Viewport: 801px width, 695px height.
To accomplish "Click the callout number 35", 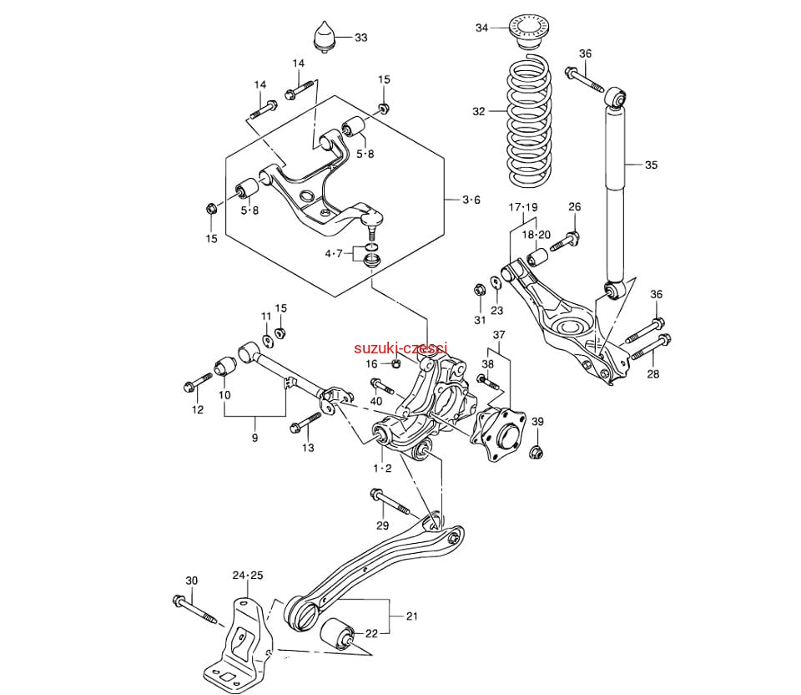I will click(651, 165).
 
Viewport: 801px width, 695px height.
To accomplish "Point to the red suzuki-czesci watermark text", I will click(400, 348).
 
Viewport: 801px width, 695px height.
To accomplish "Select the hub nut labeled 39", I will click(537, 453).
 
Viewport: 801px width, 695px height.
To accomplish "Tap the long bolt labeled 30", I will click(197, 610).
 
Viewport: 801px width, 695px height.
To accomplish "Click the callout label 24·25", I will click(247, 576).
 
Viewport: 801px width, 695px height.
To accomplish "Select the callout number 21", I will click(411, 616).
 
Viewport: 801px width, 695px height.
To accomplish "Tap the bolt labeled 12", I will click(197, 386).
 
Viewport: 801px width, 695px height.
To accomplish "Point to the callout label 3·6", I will click(471, 200).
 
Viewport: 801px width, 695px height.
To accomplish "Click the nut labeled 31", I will click(480, 291).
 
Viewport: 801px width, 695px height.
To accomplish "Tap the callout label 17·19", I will click(523, 207).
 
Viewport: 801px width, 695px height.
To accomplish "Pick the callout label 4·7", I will click(334, 253).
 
